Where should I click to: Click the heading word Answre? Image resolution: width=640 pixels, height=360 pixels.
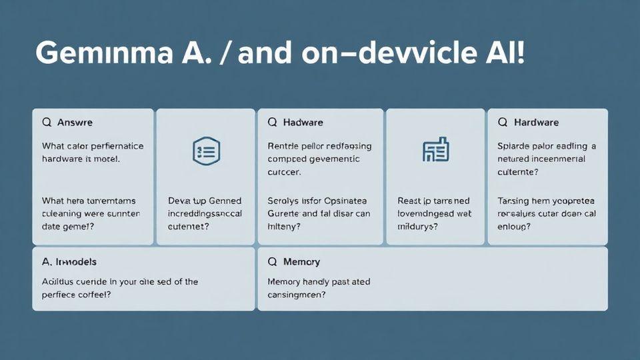point(75,123)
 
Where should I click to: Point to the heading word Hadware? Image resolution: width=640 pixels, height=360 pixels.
point(303,123)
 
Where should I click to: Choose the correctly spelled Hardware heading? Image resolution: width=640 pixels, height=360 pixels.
point(536,123)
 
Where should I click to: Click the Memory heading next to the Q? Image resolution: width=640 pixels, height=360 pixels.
point(301,262)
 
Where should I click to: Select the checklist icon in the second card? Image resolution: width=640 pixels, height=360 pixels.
point(205,151)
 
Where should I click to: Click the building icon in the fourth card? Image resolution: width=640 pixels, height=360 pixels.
point(436,150)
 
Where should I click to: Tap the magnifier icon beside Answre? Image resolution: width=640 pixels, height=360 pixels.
point(47,123)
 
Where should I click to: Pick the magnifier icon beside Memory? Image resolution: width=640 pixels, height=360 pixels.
point(272,262)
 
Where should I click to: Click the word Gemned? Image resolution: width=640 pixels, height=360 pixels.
point(225,201)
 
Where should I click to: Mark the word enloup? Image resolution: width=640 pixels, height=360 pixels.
point(515,227)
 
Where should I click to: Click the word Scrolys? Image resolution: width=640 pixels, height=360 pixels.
point(284,201)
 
